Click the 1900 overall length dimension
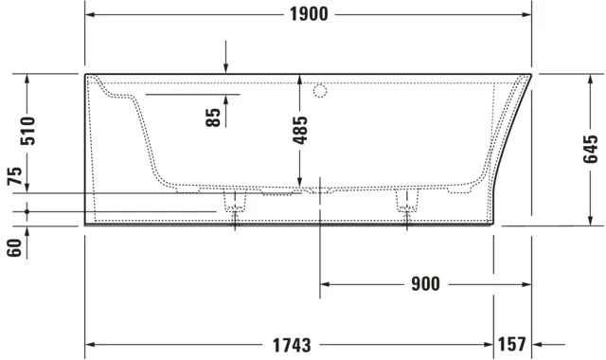(309, 13)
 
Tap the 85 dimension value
(215, 117)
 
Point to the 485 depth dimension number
(300, 128)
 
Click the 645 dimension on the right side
(592, 151)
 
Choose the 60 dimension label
(14, 248)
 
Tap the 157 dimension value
(512, 344)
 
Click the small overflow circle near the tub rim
(319, 92)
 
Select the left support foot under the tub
(234, 201)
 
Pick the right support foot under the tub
(407, 201)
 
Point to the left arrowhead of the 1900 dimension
(91, 13)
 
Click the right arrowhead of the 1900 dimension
(526, 13)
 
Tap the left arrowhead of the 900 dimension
(326, 283)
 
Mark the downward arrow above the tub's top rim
(225, 66)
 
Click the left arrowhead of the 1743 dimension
(91, 344)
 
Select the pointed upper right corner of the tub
(531, 74)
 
